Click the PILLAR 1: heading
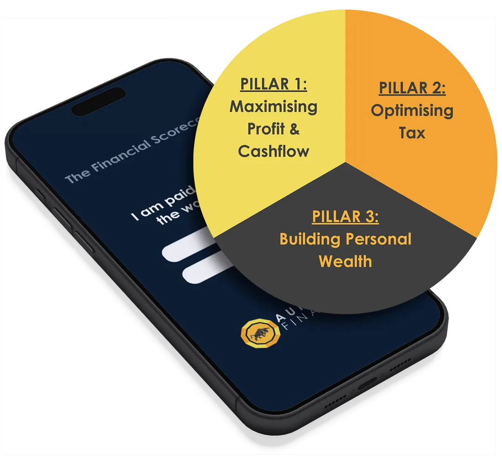[273, 85]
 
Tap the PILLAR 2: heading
[412, 88]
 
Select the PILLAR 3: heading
[345, 217]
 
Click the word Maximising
[273, 107]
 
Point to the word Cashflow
[273, 151]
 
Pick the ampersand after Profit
[294, 129]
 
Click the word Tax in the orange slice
[412, 133]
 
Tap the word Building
[308, 239]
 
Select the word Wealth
[345, 261]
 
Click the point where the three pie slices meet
[345, 163]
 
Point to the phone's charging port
[367, 384]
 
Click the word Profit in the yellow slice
[264, 129]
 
